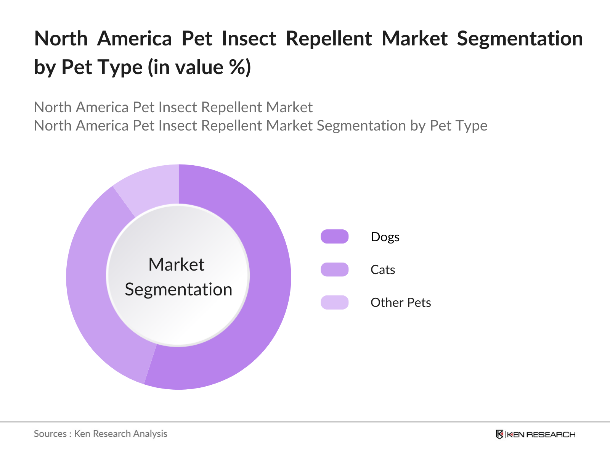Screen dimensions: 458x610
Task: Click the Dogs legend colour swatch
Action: [x=334, y=237]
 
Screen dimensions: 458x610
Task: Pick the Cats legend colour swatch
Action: [x=334, y=269]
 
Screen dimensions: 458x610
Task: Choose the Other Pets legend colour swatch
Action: [x=334, y=302]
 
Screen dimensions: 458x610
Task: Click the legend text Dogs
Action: [x=385, y=237]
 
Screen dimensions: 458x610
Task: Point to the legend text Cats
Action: [x=383, y=270]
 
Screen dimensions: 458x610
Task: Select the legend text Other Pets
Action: [x=401, y=303]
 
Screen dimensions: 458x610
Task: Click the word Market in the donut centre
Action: [x=177, y=264]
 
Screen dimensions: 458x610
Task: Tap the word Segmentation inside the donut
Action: [x=178, y=289]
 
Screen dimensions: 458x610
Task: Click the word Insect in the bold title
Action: [x=249, y=39]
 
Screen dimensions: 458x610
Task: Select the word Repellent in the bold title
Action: [x=329, y=39]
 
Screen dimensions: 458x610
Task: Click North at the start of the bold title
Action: [x=61, y=39]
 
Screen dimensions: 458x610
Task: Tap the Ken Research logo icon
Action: [x=499, y=434]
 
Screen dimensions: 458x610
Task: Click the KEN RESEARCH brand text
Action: [x=541, y=435]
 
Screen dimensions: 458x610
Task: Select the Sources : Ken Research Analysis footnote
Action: [x=100, y=434]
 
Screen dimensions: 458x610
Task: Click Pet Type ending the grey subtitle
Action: [x=458, y=126]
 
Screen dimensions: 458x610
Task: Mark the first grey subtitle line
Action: [x=173, y=108]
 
